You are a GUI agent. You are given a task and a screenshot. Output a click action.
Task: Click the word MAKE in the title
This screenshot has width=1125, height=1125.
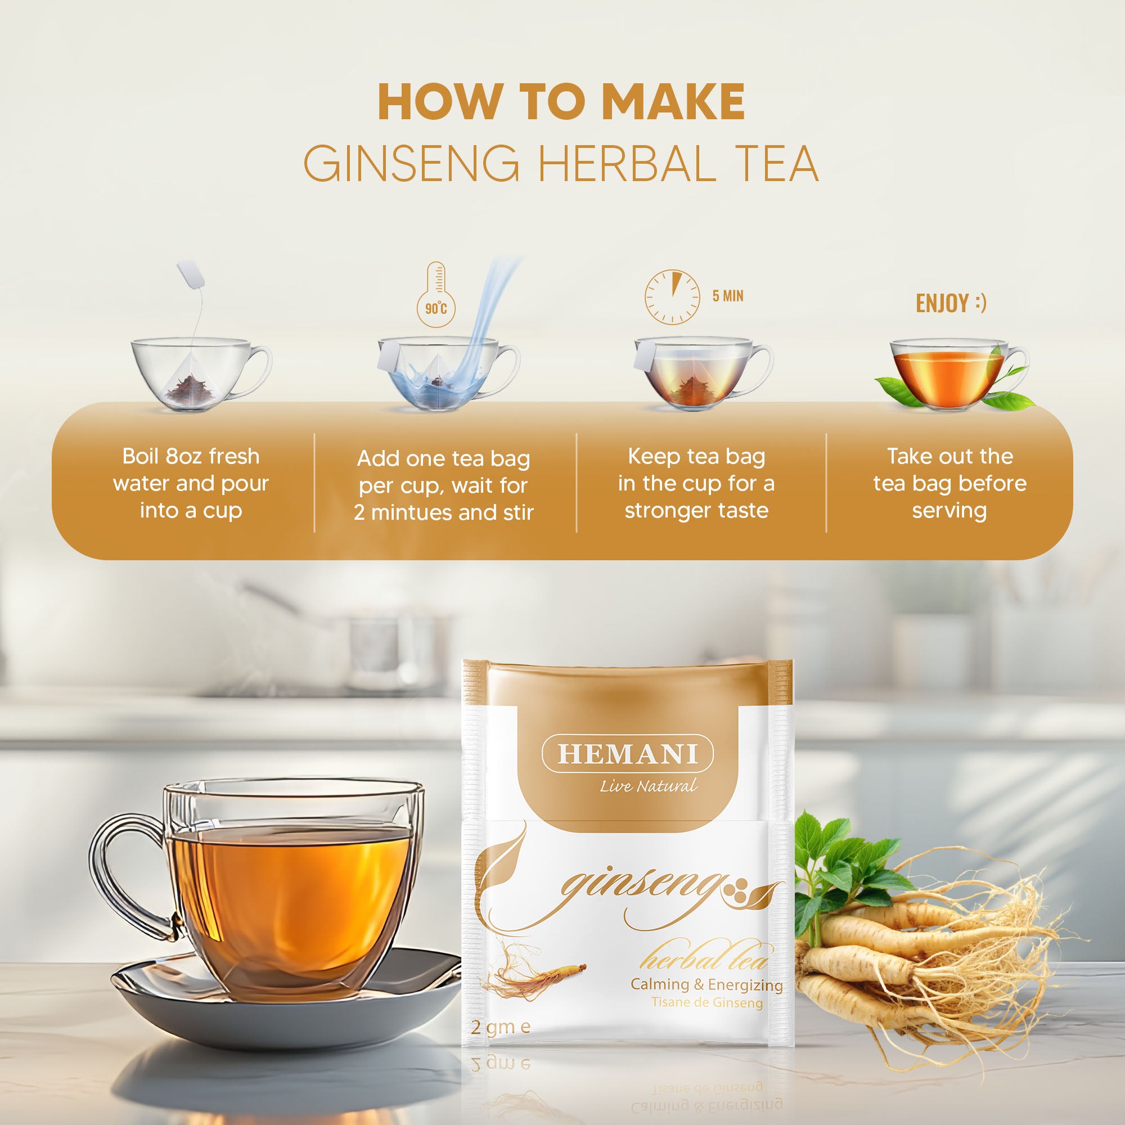click(x=674, y=102)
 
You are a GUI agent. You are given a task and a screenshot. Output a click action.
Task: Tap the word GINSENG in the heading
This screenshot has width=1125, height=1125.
click(x=411, y=164)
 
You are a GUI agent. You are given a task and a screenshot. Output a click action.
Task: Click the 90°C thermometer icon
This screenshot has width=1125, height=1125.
click(x=435, y=296)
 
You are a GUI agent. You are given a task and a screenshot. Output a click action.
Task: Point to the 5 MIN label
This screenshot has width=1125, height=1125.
click(x=727, y=296)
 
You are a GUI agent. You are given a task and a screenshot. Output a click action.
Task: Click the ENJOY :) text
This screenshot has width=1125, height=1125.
click(x=950, y=303)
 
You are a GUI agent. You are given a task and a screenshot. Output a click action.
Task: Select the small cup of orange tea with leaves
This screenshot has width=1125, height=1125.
click(x=949, y=376)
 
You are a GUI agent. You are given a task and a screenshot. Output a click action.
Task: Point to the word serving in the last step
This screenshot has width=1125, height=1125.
click(x=949, y=511)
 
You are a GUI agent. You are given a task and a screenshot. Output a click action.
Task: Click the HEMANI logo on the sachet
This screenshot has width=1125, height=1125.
click(x=628, y=754)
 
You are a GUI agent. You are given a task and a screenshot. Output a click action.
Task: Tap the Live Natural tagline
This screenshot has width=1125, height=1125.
click(x=648, y=787)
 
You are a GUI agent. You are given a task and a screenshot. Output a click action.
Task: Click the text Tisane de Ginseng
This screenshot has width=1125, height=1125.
click(x=706, y=1003)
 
